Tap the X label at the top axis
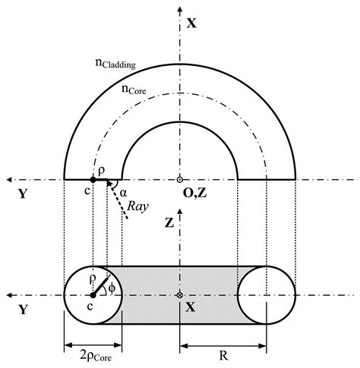(x=192, y=24)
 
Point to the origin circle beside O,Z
(x=179, y=180)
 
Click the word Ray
(x=137, y=206)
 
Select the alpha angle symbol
(x=125, y=193)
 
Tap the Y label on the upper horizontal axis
(x=23, y=193)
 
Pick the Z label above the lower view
(x=169, y=223)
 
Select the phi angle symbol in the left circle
(x=114, y=288)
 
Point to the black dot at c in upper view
(x=93, y=180)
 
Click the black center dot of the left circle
(x=93, y=295)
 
